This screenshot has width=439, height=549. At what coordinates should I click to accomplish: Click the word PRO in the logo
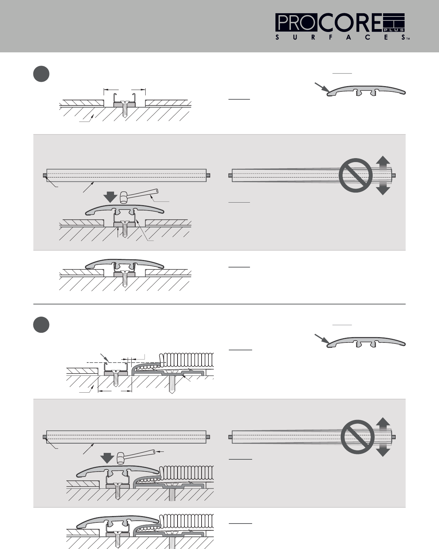click(297, 23)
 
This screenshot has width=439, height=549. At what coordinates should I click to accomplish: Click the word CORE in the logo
click(350, 23)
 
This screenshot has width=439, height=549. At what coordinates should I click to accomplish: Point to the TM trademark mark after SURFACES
click(408, 39)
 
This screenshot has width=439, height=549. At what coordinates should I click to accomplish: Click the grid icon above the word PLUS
click(393, 20)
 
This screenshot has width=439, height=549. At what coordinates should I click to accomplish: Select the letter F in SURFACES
click(331, 38)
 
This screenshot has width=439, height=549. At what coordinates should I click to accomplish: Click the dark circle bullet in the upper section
click(41, 74)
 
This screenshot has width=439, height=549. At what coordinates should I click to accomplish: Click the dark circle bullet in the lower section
click(41, 325)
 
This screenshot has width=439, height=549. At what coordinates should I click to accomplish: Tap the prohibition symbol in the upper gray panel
click(355, 175)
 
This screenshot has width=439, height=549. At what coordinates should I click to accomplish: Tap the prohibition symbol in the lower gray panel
click(358, 437)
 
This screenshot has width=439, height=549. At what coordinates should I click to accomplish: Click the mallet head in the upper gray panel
click(124, 197)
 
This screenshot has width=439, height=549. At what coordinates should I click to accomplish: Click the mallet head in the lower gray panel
click(121, 458)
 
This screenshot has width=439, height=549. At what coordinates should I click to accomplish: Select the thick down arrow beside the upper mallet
click(110, 197)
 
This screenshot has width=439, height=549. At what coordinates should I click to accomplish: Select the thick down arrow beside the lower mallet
click(107, 458)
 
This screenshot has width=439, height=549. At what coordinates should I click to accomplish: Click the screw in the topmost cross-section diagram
click(124, 109)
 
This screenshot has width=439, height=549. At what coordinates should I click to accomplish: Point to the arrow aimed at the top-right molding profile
click(322, 87)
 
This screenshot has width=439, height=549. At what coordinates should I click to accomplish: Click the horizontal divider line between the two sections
click(219, 304)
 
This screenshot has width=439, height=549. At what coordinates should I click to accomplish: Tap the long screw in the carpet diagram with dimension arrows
click(172, 382)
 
